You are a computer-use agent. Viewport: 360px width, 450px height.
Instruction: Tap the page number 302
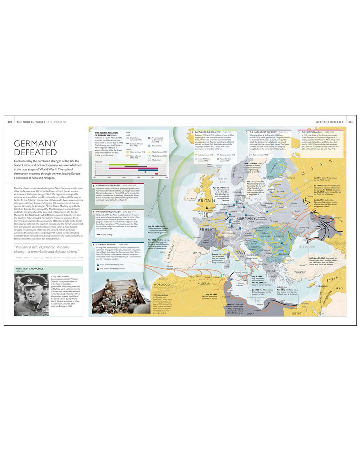(x=10, y=122)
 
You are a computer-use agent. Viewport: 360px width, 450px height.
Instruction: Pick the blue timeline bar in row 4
(x=148, y=170)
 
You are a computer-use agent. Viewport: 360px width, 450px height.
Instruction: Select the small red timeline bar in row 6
(x=156, y=174)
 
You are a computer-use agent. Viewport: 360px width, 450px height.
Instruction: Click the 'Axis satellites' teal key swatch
(x=149, y=146)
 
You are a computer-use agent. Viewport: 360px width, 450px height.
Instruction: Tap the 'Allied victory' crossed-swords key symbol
(x=149, y=160)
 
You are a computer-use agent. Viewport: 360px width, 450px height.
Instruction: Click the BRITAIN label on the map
(x=206, y=201)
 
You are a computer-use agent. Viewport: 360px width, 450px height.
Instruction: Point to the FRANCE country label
(x=208, y=229)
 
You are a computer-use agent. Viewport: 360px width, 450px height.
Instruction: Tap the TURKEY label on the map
(x=300, y=273)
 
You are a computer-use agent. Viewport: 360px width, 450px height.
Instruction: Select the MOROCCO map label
(x=162, y=285)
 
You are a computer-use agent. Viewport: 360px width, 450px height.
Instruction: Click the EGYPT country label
(x=296, y=313)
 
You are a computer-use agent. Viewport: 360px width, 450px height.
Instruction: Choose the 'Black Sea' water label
(x=307, y=247)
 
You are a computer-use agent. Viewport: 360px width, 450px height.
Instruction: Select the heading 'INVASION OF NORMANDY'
(x=108, y=211)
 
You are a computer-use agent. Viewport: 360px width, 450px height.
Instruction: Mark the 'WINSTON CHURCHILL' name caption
(x=30, y=269)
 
